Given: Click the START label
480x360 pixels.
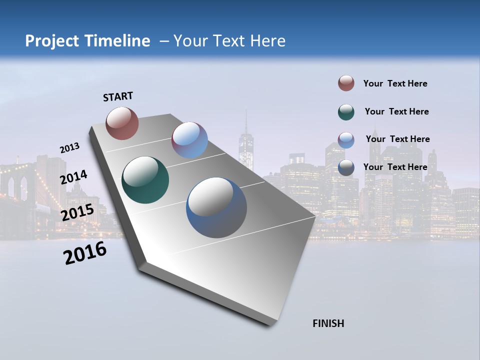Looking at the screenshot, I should point(118,96).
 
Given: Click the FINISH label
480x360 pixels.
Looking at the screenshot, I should point(328,323).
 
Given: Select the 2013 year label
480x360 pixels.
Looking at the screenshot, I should point(69,148).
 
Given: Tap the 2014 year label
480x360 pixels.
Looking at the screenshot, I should point(73,177).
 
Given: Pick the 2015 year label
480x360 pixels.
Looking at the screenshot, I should point(77,212).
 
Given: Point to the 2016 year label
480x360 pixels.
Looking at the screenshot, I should point(85,253).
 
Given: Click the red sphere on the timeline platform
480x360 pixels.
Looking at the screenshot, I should point(122,123).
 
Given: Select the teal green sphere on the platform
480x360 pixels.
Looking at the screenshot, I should point(145,180).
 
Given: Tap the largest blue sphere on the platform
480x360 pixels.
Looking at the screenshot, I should point(216,207).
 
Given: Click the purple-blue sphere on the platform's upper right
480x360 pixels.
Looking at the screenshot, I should point(189,140).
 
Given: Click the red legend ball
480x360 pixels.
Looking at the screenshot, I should point(346,83).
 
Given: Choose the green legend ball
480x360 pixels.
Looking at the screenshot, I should point(346,112).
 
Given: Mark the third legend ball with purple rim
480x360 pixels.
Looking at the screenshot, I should point(346,140).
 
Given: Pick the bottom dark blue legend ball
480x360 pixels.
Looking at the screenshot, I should point(346,168).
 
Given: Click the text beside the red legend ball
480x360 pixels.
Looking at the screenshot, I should point(395,83).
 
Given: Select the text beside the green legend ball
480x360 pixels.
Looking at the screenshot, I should point(396,111).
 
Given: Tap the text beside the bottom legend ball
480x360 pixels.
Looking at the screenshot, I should point(395,167).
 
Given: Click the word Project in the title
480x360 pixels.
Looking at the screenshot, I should point(52,41).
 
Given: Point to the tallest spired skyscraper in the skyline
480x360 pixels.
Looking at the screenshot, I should point(246,145).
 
